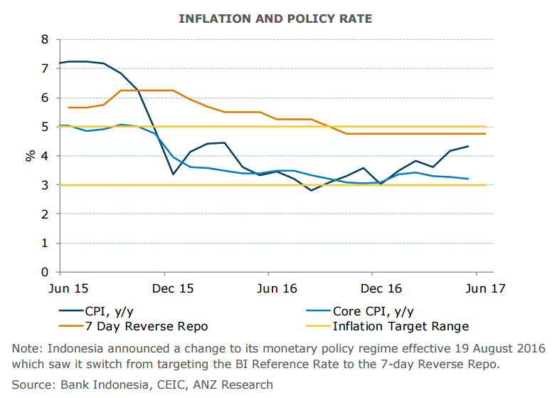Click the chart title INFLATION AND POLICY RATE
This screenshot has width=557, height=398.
[275, 19]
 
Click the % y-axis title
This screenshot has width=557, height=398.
[31, 155]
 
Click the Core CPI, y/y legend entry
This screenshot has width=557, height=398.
[373, 311]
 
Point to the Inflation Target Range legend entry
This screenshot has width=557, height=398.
[400, 326]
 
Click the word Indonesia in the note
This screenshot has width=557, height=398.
[80, 348]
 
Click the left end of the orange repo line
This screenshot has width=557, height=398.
[68, 108]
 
